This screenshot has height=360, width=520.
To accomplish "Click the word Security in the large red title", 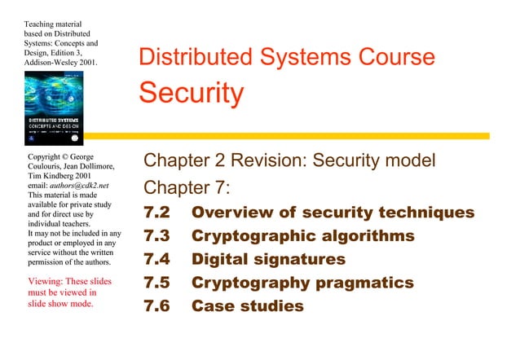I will coord(191,92).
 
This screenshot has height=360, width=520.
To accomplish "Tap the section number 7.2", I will coord(156,213).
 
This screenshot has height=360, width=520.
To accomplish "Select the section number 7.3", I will coord(156,236).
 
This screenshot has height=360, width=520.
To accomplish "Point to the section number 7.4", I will coord(156,260).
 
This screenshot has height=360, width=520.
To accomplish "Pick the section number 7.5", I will coord(156,283).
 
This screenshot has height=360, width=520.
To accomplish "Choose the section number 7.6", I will coord(156,307).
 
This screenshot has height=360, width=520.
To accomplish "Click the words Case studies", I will coord(247,307).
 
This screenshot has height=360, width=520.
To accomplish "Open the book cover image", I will coord(59,108).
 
